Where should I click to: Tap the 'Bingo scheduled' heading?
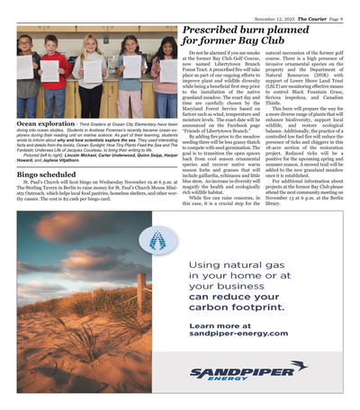46,173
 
